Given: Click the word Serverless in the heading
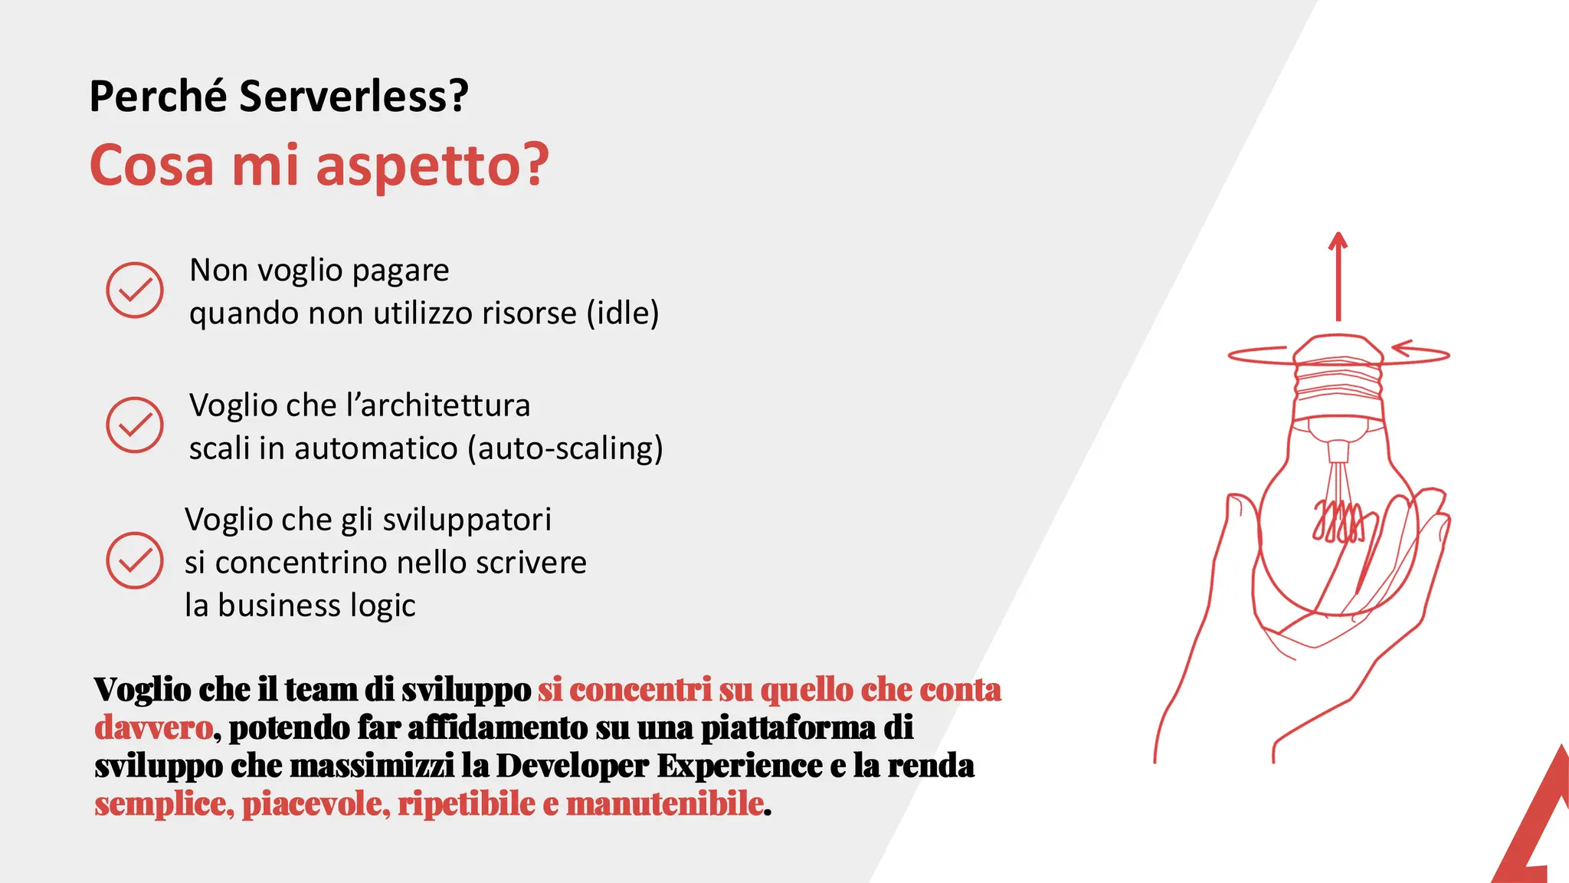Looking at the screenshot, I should coord(353,97).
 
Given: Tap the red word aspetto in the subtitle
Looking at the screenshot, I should coord(432,166).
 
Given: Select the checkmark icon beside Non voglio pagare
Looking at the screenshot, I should coord(135,290).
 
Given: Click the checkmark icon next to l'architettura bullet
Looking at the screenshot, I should coord(135,425).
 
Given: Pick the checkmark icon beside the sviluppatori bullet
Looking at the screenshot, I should coord(135,560).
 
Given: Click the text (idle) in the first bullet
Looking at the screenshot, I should coord(623,313).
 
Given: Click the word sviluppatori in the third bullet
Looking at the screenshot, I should coord(467,520).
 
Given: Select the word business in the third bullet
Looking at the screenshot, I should coord(279,606).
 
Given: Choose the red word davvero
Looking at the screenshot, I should coord(153,727).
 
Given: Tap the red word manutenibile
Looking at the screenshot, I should coord(664,804).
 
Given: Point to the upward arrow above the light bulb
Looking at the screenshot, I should coord(1338,276).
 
